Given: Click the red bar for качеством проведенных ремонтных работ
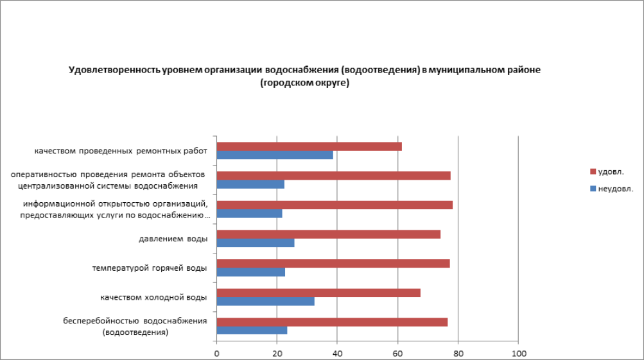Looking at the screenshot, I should point(309,146).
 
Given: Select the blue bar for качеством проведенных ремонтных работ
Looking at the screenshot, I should point(275,155).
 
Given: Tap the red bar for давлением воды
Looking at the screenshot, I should point(328,234).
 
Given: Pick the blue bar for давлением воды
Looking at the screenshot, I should point(256,243).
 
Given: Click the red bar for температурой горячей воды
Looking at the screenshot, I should point(333,263).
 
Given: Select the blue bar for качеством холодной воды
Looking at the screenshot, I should point(265,302).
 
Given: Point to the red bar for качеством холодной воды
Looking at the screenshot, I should point(318,293).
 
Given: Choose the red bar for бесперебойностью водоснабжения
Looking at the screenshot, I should point(332,322).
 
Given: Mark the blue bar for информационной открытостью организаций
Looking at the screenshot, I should point(249,214).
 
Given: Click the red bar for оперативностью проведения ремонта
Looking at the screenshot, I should point(333,176).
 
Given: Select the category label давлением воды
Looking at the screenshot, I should point(173,239).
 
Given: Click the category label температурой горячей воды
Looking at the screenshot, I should point(150,268).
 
